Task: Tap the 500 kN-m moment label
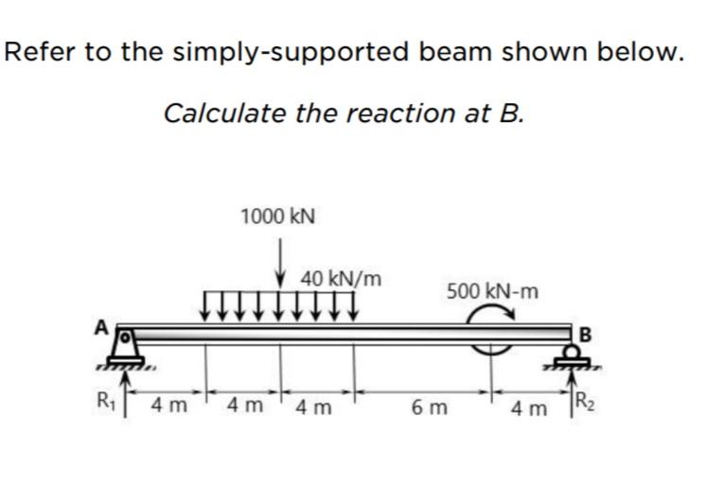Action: click(x=491, y=290)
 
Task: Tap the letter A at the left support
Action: click(x=97, y=326)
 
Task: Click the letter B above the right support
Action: click(x=583, y=333)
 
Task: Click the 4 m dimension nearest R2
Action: click(x=527, y=409)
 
